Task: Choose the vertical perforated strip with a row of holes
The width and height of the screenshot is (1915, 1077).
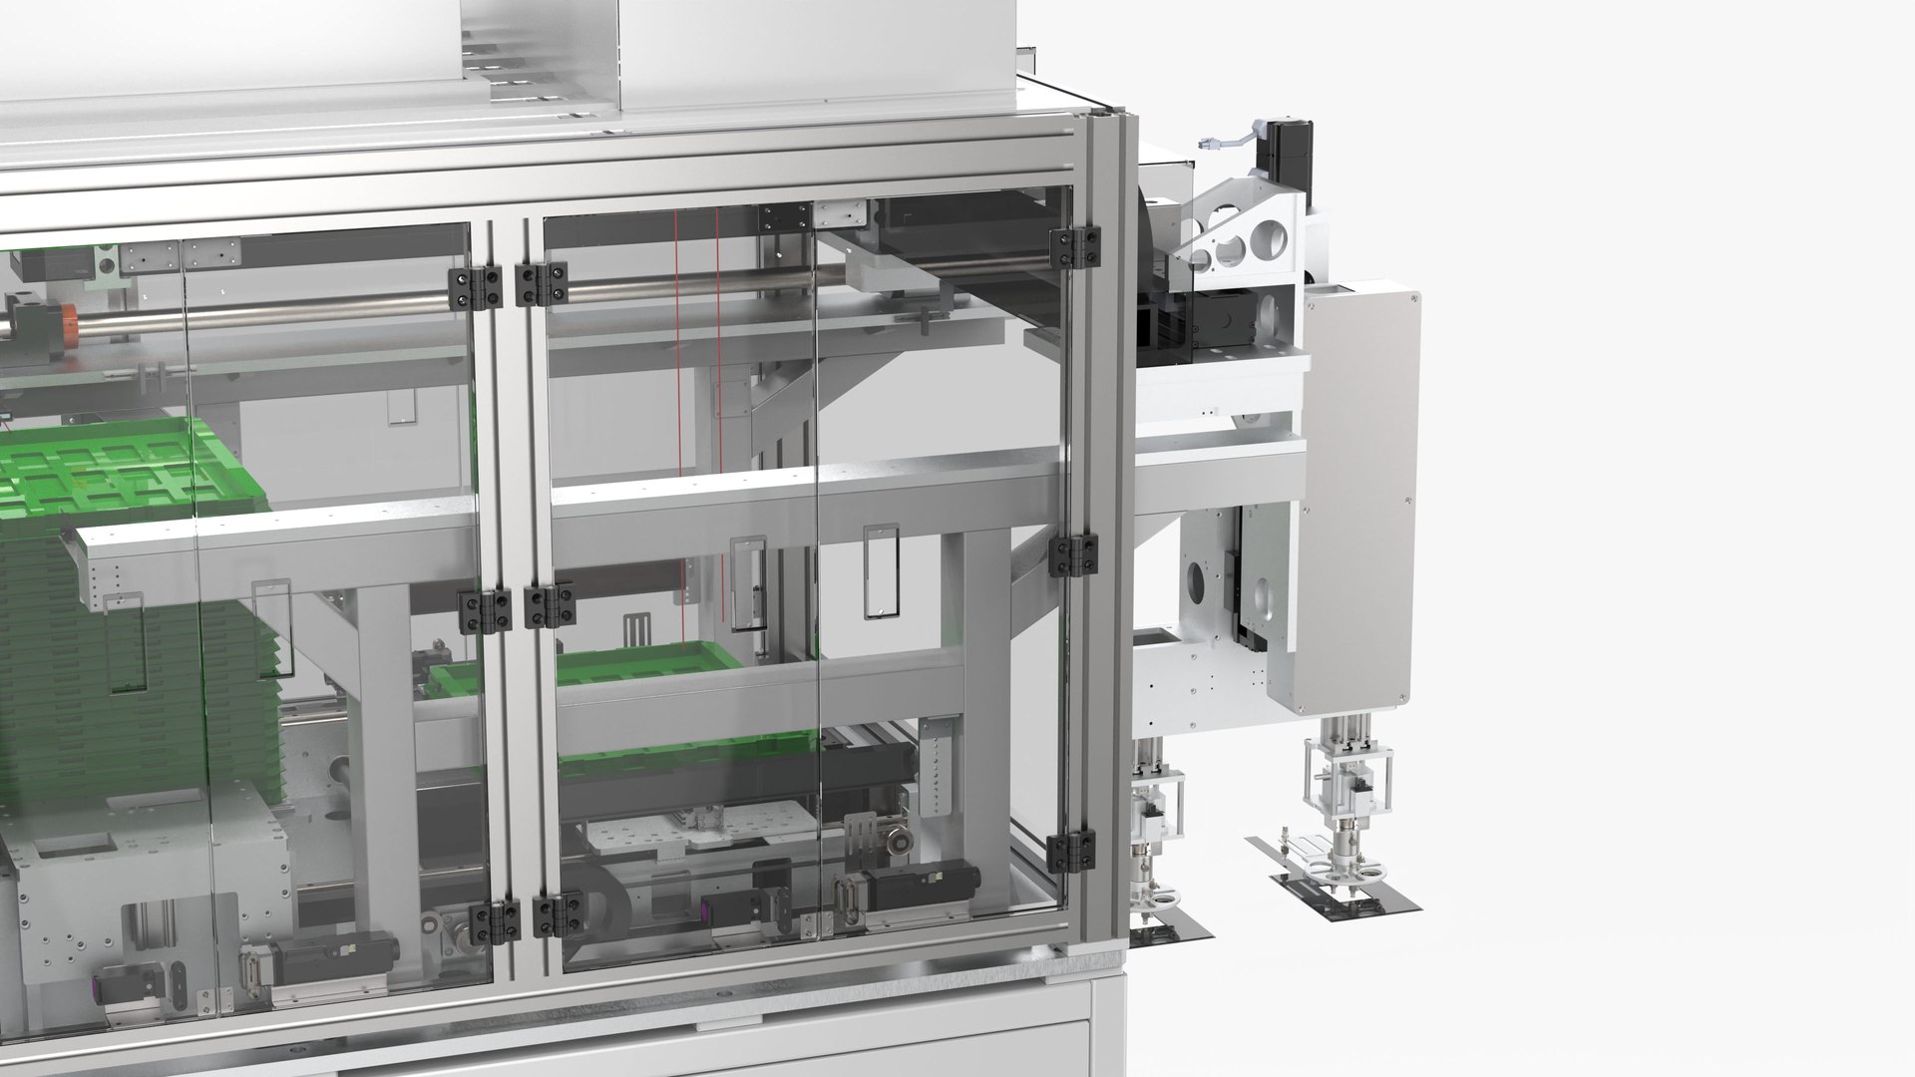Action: pyautogui.click(x=938, y=768)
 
